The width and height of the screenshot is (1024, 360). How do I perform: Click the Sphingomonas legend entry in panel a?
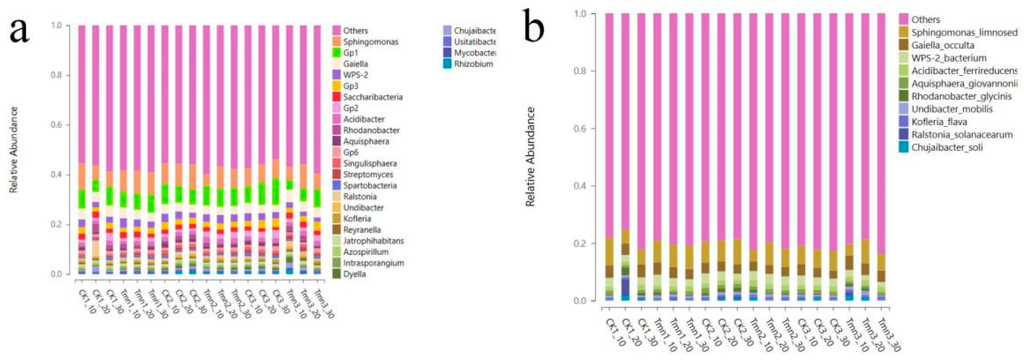(x=370, y=42)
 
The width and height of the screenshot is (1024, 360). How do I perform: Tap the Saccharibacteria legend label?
(x=373, y=97)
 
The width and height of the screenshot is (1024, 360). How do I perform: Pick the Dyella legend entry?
(x=354, y=274)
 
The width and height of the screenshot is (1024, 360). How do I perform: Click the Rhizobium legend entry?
(x=473, y=64)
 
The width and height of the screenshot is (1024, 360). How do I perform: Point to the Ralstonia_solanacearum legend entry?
(x=962, y=135)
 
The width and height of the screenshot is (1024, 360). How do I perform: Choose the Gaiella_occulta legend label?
(x=942, y=45)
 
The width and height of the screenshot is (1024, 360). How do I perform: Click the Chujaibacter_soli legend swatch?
(x=904, y=147)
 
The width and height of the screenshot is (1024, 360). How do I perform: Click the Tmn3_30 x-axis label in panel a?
(x=323, y=304)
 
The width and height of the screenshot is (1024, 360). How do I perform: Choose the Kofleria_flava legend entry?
(x=939, y=122)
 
